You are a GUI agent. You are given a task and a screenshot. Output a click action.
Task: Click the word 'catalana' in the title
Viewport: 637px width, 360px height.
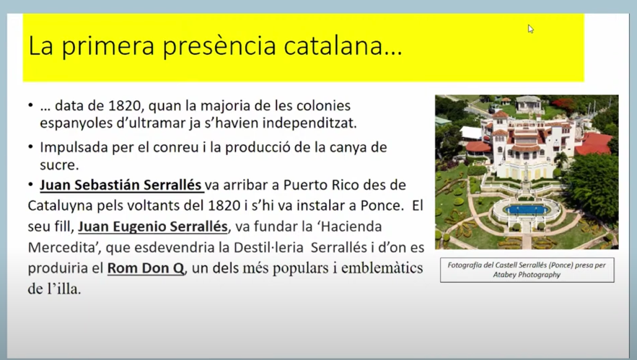coord(333,45)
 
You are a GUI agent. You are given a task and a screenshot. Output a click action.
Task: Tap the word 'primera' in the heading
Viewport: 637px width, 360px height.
coord(108,47)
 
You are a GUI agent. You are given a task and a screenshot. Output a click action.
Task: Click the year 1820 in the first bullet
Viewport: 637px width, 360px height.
coord(125,105)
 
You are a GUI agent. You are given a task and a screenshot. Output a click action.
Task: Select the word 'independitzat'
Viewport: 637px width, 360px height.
coord(309,123)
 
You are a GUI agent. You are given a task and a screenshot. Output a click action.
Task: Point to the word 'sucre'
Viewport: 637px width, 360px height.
coord(58,165)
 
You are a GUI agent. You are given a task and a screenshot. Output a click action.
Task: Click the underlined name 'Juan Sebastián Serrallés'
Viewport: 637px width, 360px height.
coord(120,185)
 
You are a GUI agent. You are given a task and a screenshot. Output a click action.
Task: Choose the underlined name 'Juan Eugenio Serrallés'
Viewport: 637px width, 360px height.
coord(153,227)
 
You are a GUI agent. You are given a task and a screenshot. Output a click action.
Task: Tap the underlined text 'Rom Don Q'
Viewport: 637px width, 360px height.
coord(146,268)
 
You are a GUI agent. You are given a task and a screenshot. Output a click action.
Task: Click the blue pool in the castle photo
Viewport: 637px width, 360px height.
coord(526,210)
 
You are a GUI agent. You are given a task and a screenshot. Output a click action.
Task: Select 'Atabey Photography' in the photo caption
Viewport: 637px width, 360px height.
coord(527,275)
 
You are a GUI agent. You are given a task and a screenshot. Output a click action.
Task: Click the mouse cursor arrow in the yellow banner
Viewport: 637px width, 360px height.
coord(530,29)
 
